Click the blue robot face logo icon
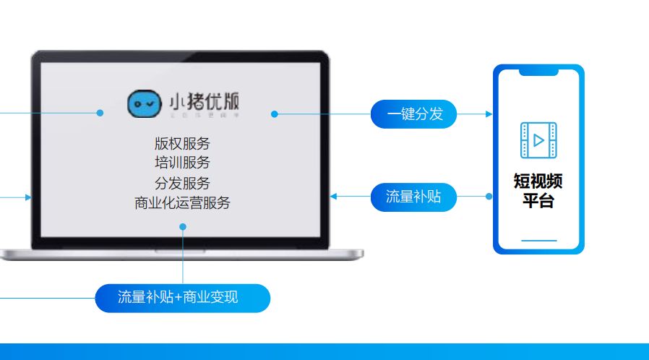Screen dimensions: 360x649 click(x=144, y=105)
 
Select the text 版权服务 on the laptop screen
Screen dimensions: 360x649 click(x=182, y=143)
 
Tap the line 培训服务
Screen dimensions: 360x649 click(x=182, y=162)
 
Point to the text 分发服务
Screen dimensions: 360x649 click(x=182, y=183)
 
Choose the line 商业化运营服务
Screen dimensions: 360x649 click(x=182, y=203)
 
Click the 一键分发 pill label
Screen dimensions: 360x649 click(x=414, y=114)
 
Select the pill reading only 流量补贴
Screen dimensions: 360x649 click(x=413, y=197)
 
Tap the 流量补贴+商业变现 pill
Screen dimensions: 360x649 click(x=182, y=298)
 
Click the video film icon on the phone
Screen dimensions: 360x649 click(x=538, y=140)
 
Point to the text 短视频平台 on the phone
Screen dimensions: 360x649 click(x=538, y=190)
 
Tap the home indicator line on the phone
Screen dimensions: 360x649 click(x=538, y=240)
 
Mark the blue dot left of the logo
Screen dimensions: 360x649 click(x=100, y=113)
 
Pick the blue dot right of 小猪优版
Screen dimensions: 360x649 click(x=275, y=113)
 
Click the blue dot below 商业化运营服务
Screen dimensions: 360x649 click(x=183, y=227)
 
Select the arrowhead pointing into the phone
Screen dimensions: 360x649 click(x=489, y=114)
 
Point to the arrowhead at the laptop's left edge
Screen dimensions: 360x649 click(x=28, y=197)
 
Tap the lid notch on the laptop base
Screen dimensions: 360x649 click(x=182, y=252)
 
